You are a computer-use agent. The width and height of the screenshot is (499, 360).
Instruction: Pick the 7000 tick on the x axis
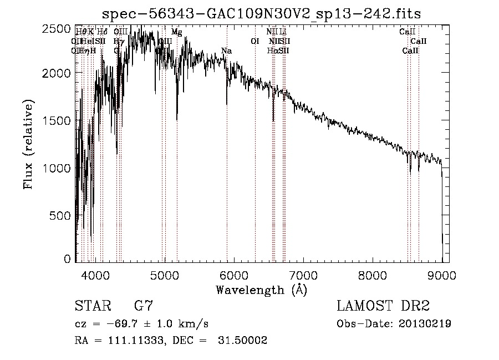coord(303,274)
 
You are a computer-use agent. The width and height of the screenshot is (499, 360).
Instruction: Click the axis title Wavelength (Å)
coord(261,290)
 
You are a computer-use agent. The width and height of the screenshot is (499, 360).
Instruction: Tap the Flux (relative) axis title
coord(28,144)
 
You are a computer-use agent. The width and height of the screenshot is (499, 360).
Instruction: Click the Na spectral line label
coord(226,51)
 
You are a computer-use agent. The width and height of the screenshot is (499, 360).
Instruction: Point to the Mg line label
coord(176,32)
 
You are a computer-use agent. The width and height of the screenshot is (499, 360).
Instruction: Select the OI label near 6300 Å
coord(255,41)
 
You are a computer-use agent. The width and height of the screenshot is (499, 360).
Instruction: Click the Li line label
coord(283,32)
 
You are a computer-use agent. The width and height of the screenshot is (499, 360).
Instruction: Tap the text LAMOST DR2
coord(383,306)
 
